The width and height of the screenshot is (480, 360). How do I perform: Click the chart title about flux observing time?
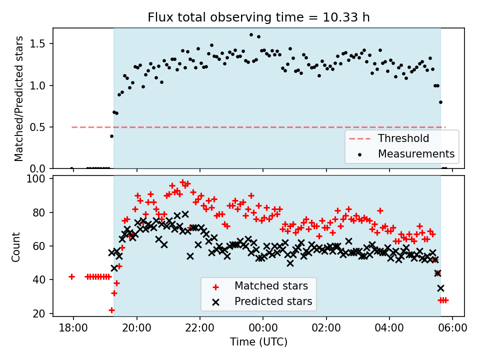pos(258,17)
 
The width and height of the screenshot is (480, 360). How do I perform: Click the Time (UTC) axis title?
pos(258,342)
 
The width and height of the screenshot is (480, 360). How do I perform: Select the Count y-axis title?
pos(16,246)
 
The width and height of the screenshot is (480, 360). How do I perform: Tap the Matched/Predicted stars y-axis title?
pos(19,98)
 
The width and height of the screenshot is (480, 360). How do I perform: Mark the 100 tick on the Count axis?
pos(39,178)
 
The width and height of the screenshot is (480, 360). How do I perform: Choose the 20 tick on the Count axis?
pos(41,313)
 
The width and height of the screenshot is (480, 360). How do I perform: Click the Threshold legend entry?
pos(403,138)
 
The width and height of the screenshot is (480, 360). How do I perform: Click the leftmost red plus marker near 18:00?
pos(71,276)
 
